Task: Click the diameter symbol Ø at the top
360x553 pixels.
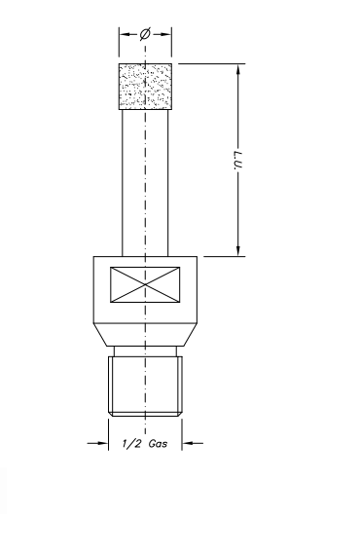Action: tap(145, 33)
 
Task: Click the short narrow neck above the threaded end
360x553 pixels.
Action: tap(146, 351)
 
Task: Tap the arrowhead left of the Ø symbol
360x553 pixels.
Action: tap(124, 33)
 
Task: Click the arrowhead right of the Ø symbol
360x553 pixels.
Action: tap(168, 33)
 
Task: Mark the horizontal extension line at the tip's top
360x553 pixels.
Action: tap(209, 63)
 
